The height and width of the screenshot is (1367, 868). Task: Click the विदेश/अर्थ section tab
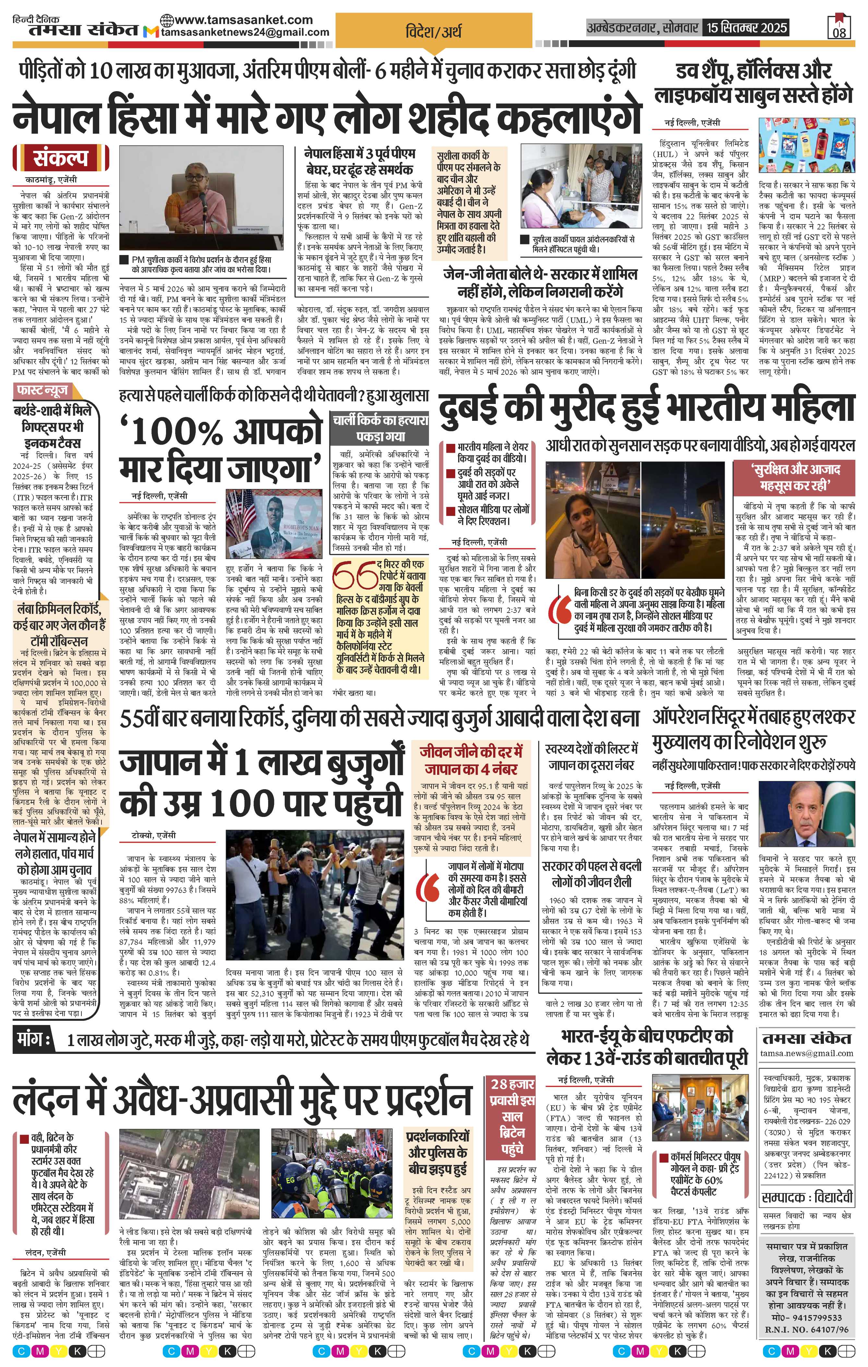(x=434, y=30)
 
